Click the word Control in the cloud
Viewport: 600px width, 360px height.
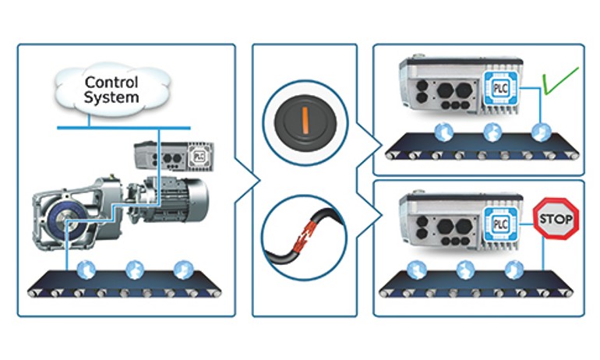click(111, 81)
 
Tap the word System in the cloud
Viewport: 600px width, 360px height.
click(111, 97)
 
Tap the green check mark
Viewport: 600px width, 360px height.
click(560, 83)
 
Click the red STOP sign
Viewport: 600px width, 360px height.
click(556, 219)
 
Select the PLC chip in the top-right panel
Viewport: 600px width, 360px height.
click(498, 87)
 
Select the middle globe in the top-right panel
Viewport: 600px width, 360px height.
click(492, 132)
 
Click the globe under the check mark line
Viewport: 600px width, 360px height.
click(539, 132)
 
